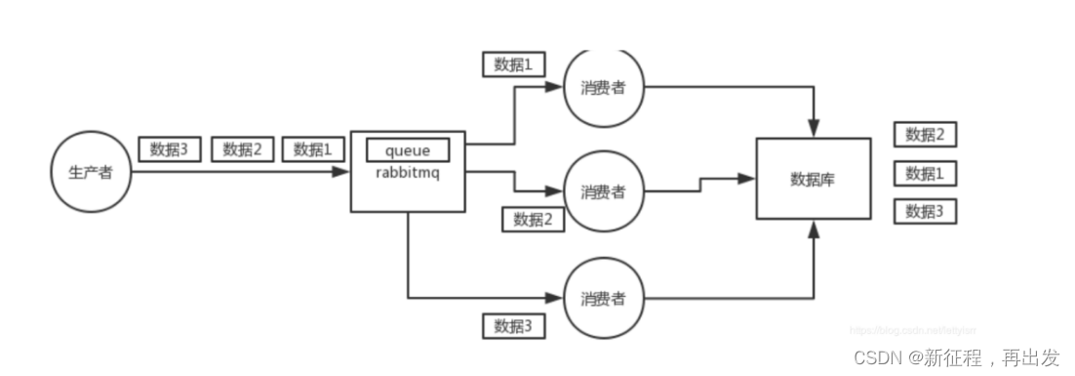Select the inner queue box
point(407,149)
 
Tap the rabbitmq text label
point(407,171)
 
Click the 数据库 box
point(813,179)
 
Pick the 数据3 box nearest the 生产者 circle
point(170,148)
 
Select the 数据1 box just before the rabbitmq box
point(313,148)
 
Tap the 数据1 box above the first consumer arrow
point(514,64)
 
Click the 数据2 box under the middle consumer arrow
point(534,220)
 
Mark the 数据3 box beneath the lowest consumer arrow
point(514,325)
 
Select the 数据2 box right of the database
point(925,135)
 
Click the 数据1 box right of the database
point(925,174)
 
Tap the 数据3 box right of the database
point(925,211)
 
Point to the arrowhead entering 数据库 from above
point(813,130)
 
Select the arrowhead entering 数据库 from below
point(813,229)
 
